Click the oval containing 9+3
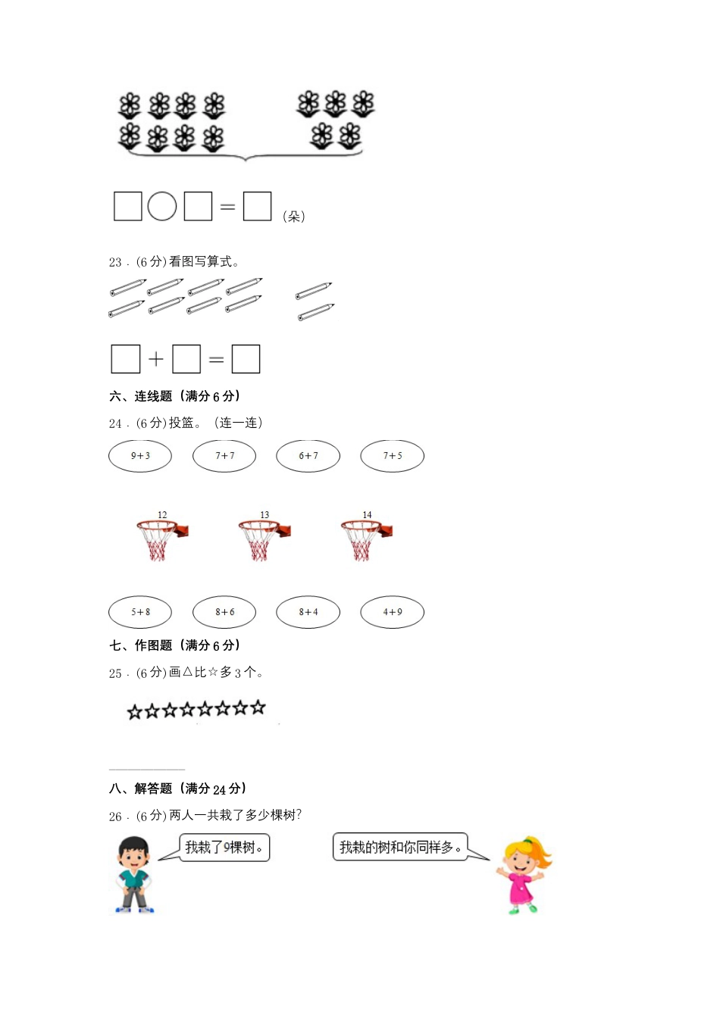coord(140,456)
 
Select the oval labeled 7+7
coord(224,456)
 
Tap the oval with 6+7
coord(308,456)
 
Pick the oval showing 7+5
coord(392,456)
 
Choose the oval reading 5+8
coord(140,612)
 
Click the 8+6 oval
coord(224,612)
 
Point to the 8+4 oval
coord(308,612)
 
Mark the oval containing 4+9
coord(392,612)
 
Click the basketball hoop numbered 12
coord(160,537)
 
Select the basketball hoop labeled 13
coord(262,537)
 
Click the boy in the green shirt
coord(134,875)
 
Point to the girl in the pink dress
coord(524,875)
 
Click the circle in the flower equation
coord(161,206)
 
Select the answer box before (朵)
coord(257,206)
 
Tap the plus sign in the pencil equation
coord(156,359)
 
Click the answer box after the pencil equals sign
coord(246,359)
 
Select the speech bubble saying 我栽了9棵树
coord(224,848)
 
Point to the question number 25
coord(115,673)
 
